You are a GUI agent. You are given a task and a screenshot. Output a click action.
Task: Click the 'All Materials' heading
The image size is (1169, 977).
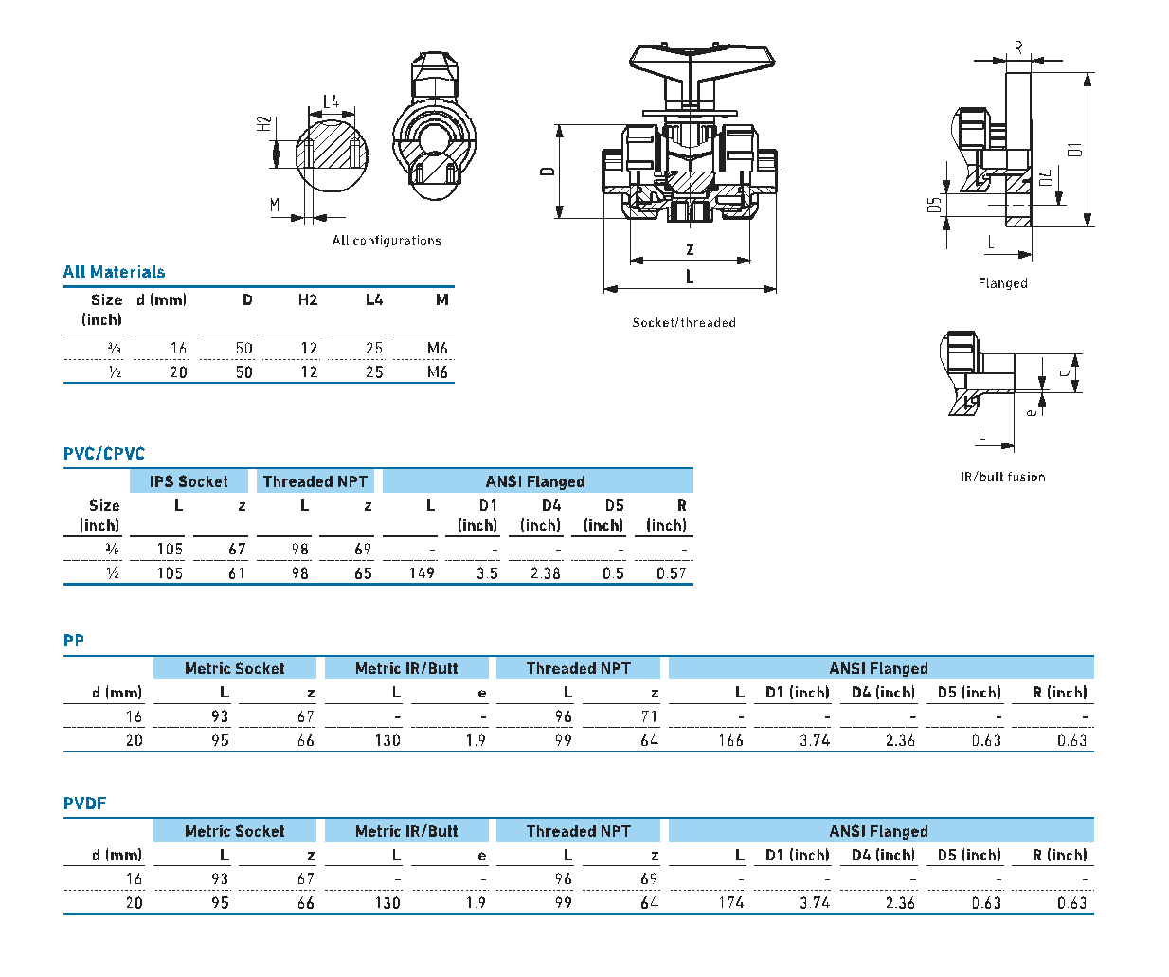[x=115, y=272]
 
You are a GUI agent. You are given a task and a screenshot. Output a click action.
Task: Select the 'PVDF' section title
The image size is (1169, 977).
[x=84, y=804]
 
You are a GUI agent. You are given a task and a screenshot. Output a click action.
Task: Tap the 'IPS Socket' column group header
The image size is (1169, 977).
[x=189, y=481]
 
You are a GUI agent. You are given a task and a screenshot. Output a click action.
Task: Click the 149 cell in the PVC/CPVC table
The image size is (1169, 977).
[x=422, y=573]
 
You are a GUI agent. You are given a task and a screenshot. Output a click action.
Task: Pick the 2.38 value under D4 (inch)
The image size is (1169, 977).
[x=545, y=573]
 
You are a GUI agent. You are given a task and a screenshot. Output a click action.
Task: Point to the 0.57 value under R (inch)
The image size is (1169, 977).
[x=671, y=573]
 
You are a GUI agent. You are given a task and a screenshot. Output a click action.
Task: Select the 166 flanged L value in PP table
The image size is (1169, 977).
[x=730, y=741]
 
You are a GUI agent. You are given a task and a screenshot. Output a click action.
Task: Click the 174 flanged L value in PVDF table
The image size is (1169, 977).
[x=730, y=903]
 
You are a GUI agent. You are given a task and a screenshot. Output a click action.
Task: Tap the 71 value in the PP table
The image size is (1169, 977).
[x=649, y=716]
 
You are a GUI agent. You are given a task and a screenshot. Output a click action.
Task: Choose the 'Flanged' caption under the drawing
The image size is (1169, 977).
[x=1002, y=283]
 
